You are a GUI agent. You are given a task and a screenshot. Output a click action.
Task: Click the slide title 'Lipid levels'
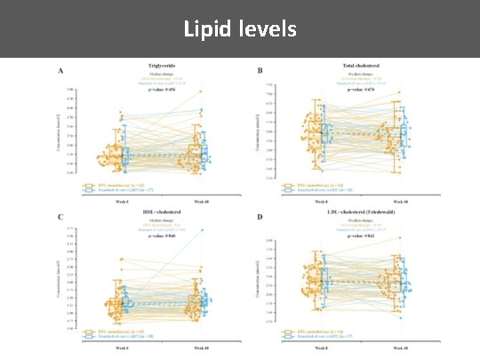[240, 29]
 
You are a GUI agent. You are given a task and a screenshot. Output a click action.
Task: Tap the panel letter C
[60, 216]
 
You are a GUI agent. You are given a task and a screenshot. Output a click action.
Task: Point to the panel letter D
[260, 216]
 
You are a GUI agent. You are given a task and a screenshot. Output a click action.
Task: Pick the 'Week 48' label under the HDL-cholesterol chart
[200, 348]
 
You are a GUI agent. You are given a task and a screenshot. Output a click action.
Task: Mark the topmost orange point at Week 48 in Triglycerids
[200, 91]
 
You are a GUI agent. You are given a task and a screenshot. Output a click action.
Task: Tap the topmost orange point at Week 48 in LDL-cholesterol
[399, 237]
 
